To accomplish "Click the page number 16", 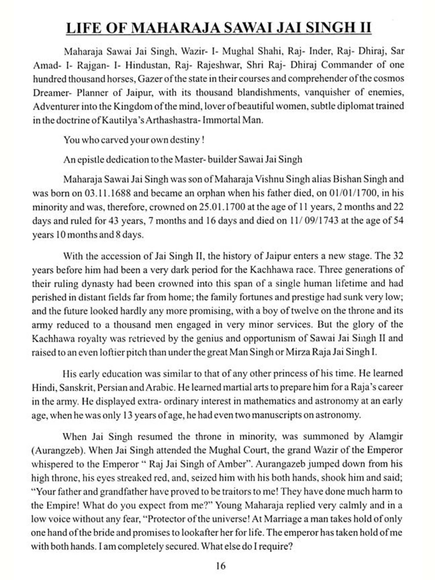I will pyautogui.click(x=220, y=565).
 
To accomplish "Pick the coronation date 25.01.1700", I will pyautogui.click(x=222, y=207).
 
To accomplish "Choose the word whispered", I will pyautogui.click(x=52, y=464).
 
